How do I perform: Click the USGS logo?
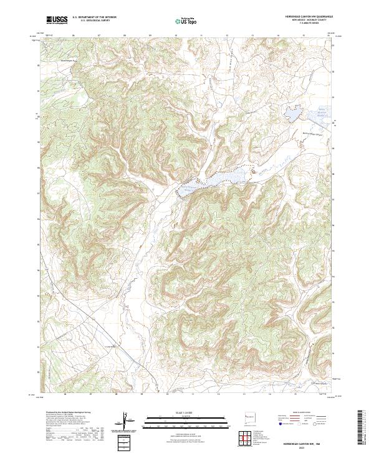pos(57,20)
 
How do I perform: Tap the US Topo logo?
pos(187,20)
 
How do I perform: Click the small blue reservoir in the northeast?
pos(292,114)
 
